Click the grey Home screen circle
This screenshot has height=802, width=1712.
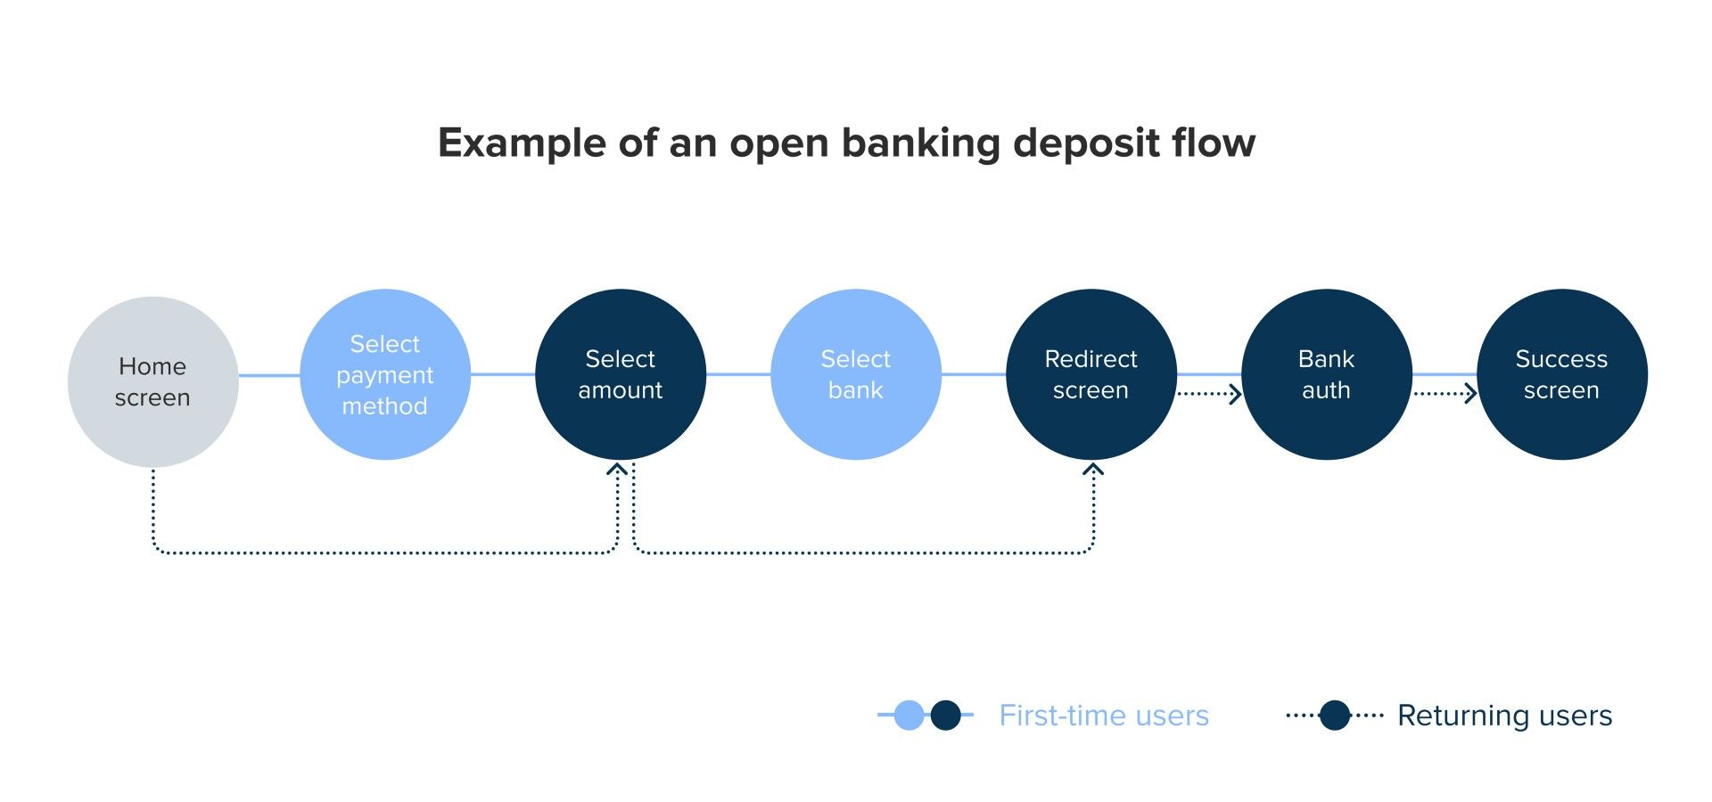click(x=152, y=381)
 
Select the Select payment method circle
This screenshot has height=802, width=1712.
click(x=385, y=374)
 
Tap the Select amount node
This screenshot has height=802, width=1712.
click(x=621, y=374)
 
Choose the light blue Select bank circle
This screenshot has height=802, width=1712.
click(x=856, y=374)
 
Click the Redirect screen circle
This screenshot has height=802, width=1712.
click(x=1091, y=374)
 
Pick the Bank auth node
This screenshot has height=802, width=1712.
click(x=1327, y=374)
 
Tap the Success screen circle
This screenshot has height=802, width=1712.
click(x=1562, y=374)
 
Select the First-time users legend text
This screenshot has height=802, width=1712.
click(x=1104, y=716)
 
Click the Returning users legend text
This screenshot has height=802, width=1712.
click(x=1504, y=716)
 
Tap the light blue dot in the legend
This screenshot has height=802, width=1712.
click(x=909, y=715)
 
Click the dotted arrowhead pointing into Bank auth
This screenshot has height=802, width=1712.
click(x=1235, y=394)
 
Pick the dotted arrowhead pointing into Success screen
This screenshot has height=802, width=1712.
click(x=1470, y=394)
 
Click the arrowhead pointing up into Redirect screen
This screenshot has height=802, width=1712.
click(x=1093, y=469)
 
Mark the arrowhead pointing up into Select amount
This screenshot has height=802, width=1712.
click(x=617, y=469)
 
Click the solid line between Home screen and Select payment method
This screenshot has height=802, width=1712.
click(x=269, y=375)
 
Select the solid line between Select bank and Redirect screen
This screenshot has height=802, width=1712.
click(x=974, y=374)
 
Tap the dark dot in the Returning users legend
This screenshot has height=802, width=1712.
click(x=1335, y=715)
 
